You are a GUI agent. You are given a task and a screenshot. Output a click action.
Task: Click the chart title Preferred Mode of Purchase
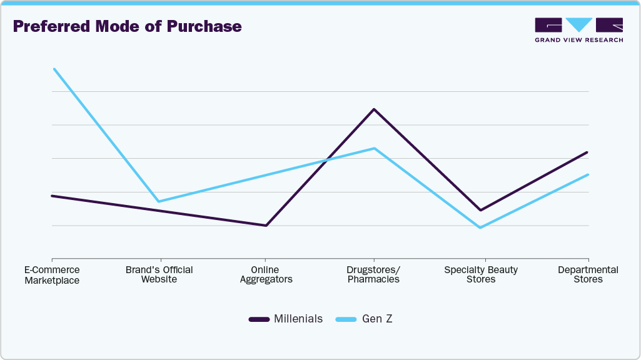127,26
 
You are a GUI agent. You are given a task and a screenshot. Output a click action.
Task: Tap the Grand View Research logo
578,29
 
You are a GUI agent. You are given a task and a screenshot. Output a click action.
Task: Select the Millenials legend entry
286,319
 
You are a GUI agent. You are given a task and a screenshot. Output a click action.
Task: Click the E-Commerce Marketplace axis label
52,275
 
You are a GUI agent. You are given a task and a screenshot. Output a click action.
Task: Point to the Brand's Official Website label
159,274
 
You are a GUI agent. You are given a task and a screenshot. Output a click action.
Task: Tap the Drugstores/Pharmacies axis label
373,274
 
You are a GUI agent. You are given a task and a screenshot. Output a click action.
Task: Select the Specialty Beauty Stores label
481,274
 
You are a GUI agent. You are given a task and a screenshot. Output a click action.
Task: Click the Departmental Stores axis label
588,274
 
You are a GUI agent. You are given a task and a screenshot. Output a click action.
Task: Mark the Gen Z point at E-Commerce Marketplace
54,69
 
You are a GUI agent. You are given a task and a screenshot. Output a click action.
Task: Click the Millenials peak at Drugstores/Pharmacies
374,109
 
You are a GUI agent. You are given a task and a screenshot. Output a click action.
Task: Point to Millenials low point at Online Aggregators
266,226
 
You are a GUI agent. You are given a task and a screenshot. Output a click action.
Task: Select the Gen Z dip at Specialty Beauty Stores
480,227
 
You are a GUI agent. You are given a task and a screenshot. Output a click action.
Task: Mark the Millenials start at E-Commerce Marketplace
52,196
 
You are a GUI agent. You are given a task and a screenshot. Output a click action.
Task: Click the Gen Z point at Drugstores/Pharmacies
374,148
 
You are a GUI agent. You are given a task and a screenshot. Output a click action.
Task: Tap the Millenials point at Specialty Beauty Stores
480,210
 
